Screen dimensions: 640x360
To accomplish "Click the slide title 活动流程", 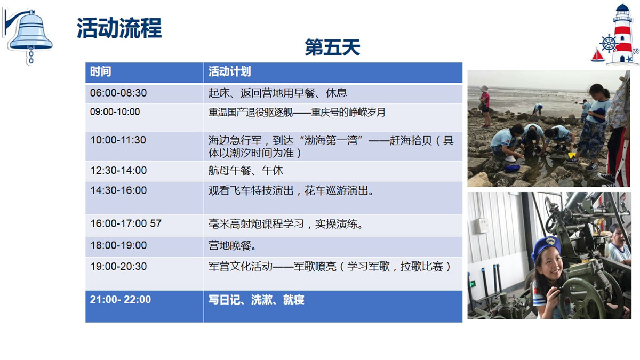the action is pos(119,28).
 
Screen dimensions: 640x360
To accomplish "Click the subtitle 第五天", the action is pos(332,47).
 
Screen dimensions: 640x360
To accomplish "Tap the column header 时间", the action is pos(100,71).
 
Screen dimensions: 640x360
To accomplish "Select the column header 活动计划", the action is pos(229,71).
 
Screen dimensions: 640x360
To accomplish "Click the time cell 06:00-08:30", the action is pos(118,93).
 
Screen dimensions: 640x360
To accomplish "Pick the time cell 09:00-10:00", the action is pos(115,111).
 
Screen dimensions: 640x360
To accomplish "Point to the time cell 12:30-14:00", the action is pos(118,170).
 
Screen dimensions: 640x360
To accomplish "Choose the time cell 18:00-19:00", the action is pos(118,245).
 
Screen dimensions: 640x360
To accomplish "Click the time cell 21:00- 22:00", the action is pos(121,299).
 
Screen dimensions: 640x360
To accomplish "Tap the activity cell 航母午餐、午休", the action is pos(245,170).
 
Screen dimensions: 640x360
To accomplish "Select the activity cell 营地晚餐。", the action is pos(232,245).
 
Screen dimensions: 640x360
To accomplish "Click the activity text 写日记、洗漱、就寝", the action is pos(257,299).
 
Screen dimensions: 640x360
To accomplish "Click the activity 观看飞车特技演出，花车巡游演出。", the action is pos(291,190).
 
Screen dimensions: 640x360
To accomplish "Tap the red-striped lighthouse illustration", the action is pos(621,34).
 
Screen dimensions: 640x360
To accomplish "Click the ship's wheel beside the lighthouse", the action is pos(609,44).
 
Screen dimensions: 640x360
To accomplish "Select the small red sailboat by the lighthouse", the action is pos(597,55).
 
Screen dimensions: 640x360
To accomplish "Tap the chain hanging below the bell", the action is pos(31,55).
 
